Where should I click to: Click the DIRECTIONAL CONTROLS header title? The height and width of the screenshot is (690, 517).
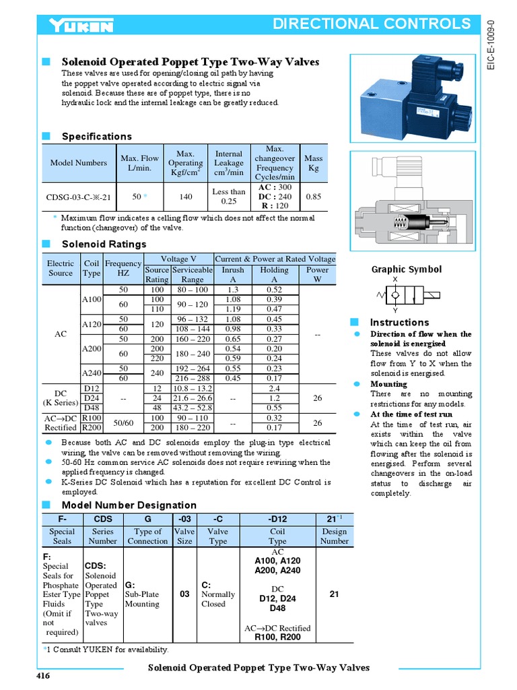[x=372, y=24]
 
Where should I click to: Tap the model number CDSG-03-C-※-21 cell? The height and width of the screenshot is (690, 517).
[x=78, y=197]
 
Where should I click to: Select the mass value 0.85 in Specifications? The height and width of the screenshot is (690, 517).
[x=313, y=197]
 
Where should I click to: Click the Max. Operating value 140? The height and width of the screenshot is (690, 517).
[x=185, y=197]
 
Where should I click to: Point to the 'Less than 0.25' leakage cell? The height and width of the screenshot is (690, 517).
[x=229, y=197]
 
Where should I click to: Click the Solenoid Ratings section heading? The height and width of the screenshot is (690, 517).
[x=104, y=244]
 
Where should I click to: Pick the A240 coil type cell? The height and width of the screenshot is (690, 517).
[x=91, y=373]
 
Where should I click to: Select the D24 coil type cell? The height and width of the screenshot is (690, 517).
[x=91, y=398]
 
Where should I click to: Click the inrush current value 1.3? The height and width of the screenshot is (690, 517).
[x=233, y=289]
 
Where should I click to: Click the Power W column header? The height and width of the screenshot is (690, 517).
[x=318, y=274]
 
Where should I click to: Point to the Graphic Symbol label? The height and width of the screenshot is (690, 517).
[x=407, y=270]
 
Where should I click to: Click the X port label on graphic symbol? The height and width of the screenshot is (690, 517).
[x=395, y=280]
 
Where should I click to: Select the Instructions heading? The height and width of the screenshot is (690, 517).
[x=399, y=322]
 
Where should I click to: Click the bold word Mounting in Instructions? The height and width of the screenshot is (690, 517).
[x=388, y=384]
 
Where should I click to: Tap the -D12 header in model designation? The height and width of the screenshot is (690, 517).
[x=277, y=519]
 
